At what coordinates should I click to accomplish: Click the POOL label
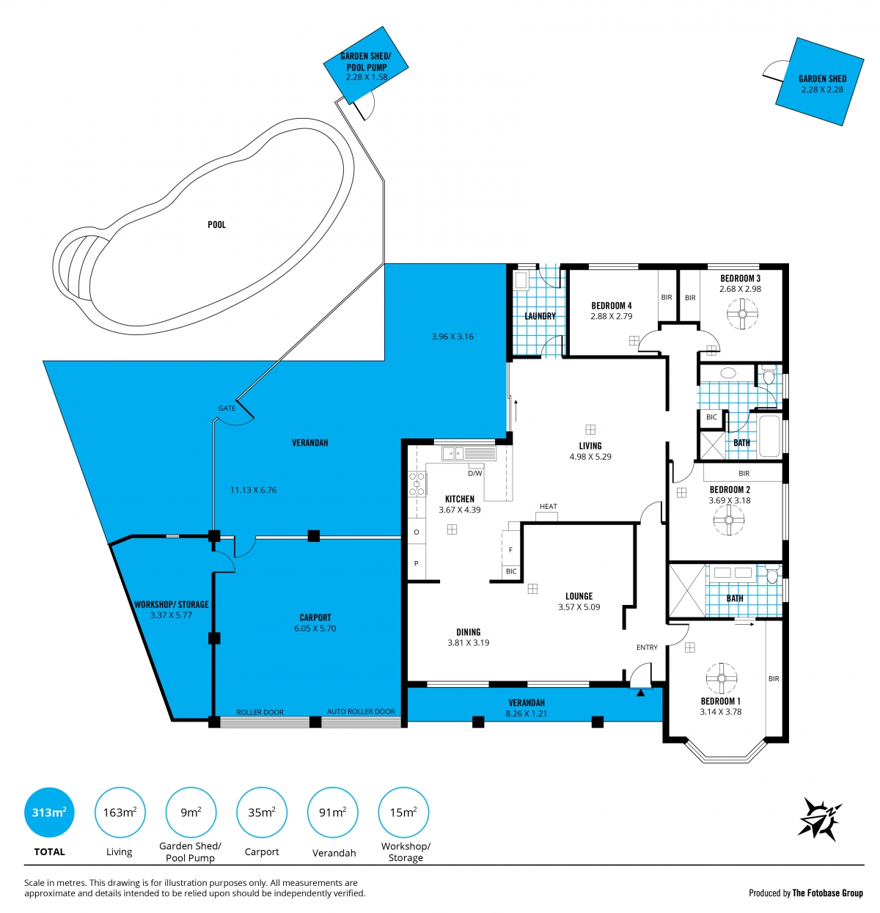pyautogui.click(x=217, y=224)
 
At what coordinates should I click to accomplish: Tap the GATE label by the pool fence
pyautogui.click(x=227, y=408)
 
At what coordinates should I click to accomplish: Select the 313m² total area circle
pyautogui.click(x=49, y=812)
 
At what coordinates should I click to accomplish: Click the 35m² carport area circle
pyautogui.click(x=262, y=812)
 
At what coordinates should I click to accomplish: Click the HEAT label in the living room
pyautogui.click(x=549, y=506)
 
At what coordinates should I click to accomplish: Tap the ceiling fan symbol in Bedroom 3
pyautogui.click(x=742, y=315)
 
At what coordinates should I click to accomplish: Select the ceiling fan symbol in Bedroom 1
pyautogui.click(x=722, y=678)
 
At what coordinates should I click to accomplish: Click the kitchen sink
pyautogui.click(x=453, y=454)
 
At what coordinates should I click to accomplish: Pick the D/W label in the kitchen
pyautogui.click(x=474, y=474)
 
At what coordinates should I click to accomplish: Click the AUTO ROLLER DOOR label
pyautogui.click(x=361, y=711)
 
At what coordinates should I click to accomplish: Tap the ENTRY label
pyautogui.click(x=647, y=647)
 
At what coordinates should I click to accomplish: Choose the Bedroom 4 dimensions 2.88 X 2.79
pyautogui.click(x=611, y=316)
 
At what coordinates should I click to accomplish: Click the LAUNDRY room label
pyautogui.click(x=540, y=316)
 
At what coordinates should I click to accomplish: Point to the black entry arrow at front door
pyautogui.click(x=641, y=692)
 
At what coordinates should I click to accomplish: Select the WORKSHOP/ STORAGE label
pyautogui.click(x=171, y=604)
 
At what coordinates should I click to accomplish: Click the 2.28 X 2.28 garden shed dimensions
pyautogui.click(x=822, y=89)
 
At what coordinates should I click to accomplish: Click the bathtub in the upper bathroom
pyautogui.click(x=769, y=436)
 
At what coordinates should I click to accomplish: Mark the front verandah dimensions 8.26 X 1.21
pyautogui.click(x=527, y=713)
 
